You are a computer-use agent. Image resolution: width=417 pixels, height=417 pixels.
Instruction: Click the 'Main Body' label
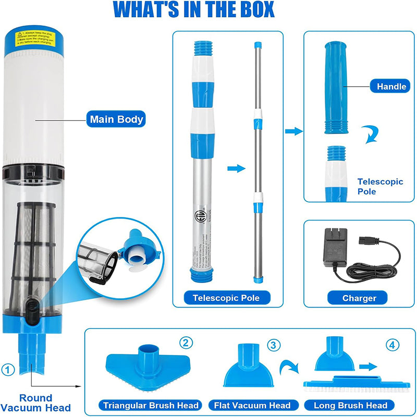click(x=116, y=119)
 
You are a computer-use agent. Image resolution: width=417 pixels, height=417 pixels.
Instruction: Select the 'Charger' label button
click(x=359, y=298)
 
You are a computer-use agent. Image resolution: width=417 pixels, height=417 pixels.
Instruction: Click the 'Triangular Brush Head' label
click(x=151, y=405)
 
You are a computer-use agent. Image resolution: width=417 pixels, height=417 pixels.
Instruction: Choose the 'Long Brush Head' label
click(x=350, y=405)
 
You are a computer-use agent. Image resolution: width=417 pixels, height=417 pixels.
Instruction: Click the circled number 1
click(x=7, y=370)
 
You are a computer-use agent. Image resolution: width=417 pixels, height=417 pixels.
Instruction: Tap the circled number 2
click(x=186, y=342)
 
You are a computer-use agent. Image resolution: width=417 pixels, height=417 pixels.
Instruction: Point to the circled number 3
click(x=274, y=345)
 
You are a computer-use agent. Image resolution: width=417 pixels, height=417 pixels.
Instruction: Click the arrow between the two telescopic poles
click(x=236, y=168)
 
